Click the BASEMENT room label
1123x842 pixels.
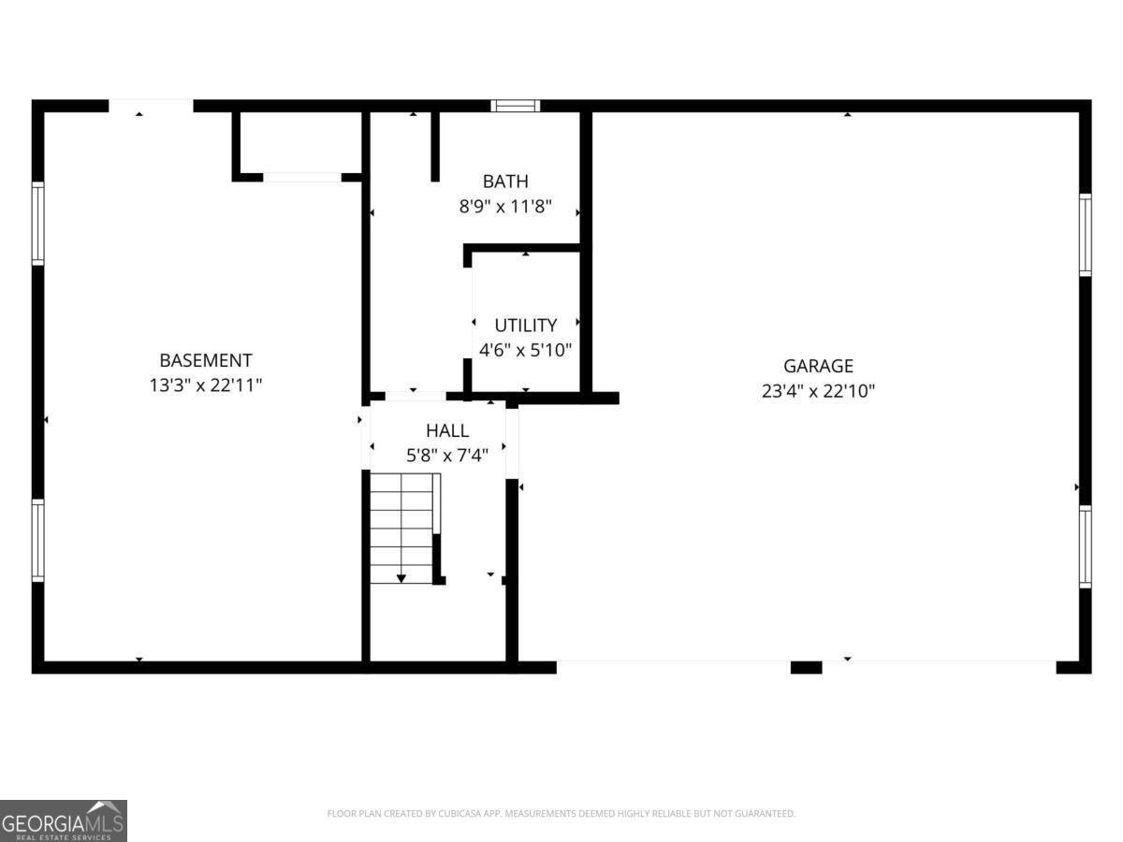click(206, 360)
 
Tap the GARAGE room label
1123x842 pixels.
click(818, 366)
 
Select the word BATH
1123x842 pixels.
click(505, 181)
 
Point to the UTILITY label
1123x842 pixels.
click(525, 326)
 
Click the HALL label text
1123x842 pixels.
click(447, 430)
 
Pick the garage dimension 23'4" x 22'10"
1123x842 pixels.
click(818, 391)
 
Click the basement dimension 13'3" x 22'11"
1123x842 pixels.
click(206, 385)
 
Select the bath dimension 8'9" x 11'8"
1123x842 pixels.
click(505, 207)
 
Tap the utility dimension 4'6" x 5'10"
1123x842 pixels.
click(525, 350)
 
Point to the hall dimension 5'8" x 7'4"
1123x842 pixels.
click(447, 455)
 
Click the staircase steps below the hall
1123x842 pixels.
click(402, 528)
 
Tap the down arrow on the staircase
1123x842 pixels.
click(401, 578)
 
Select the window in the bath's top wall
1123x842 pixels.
click(516, 106)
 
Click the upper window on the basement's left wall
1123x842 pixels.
click(37, 224)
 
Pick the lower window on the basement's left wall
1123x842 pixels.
click(37, 541)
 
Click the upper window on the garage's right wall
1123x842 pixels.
click(1086, 235)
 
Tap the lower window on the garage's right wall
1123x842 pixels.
click(1086, 546)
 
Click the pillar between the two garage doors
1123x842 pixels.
click(807, 667)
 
